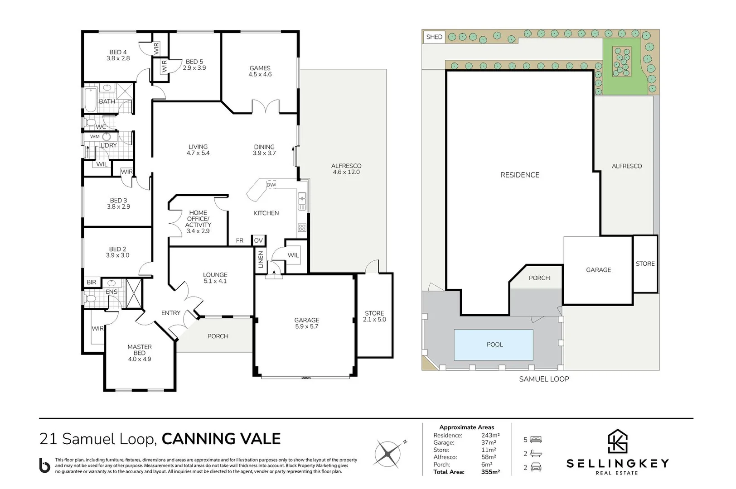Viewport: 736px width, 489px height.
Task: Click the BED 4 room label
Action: [118, 55]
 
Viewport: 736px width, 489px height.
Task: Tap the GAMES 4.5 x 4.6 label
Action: [260, 71]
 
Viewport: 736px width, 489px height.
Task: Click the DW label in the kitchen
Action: [271, 185]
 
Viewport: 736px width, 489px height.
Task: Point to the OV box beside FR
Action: [258, 240]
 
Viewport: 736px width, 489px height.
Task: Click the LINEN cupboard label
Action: [261, 259]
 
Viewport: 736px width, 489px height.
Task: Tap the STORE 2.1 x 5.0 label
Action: [374, 316]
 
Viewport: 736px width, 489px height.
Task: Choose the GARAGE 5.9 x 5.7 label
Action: [306, 323]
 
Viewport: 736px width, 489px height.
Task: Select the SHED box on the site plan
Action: [434, 37]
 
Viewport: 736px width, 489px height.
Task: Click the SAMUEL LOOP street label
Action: [543, 379]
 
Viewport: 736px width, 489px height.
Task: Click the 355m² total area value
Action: [490, 472]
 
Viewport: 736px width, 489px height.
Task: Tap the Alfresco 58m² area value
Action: [489, 457]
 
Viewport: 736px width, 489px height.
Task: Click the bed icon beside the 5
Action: [536, 440]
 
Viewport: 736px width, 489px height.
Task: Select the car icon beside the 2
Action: [536, 467]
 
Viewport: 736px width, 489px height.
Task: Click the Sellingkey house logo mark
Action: [617, 441]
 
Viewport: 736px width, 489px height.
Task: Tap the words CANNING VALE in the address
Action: [221, 439]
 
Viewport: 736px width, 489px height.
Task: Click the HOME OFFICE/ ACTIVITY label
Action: [198, 221]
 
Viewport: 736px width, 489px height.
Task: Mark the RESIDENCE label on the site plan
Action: [519, 175]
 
